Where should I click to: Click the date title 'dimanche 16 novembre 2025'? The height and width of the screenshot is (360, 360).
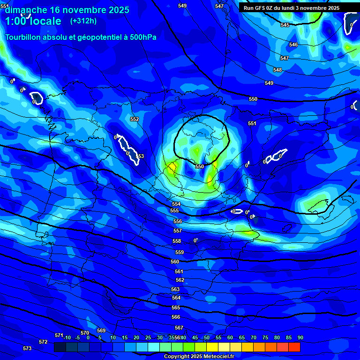67,10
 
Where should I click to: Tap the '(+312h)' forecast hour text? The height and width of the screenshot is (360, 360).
83,21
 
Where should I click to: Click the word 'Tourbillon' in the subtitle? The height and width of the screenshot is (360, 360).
23,37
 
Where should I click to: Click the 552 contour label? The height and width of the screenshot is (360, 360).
135,120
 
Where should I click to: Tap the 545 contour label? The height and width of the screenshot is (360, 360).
285,25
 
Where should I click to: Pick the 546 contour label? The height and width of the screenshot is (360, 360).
293,45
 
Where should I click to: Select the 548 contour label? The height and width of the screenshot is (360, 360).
277,70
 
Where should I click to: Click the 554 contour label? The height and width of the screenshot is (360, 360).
176,204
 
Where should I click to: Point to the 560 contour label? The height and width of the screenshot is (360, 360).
175,262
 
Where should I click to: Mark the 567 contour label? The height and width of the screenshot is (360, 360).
179,328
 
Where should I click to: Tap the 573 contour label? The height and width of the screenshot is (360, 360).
27,348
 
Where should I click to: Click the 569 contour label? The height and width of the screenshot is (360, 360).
101,331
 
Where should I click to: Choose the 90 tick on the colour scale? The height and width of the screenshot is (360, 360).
300,338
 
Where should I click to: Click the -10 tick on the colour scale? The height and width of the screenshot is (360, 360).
67,338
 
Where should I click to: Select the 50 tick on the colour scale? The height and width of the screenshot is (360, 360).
207,338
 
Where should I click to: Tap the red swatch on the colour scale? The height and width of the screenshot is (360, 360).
294,347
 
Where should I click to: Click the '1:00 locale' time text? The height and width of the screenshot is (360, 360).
33,22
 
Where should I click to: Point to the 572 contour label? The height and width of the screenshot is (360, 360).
43,342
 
